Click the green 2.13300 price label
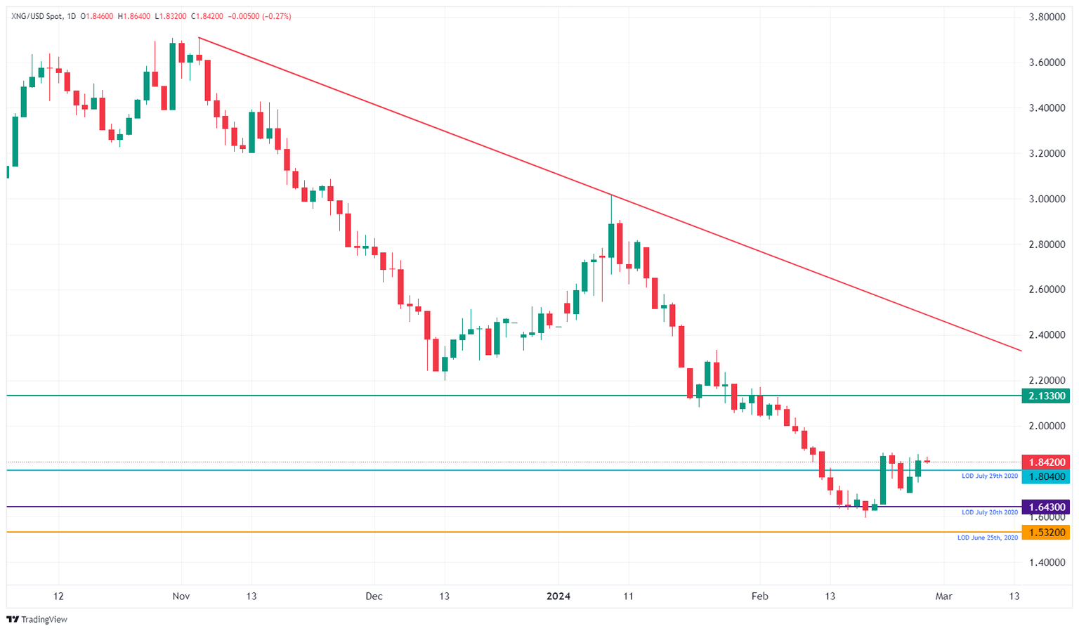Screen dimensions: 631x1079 (1046, 396)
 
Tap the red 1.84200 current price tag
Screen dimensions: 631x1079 (1046, 462)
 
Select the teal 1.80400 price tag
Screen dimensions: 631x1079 (1046, 477)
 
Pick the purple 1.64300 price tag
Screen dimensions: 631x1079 (1046, 507)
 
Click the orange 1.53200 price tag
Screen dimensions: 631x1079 (1046, 533)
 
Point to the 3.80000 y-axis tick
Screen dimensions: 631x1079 (1046, 17)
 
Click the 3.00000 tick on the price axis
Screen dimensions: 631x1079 (1046, 199)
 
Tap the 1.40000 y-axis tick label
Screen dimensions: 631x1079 (1046, 562)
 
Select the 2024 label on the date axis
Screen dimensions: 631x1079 (558, 597)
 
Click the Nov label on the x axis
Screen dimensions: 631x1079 (181, 597)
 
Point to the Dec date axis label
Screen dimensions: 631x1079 (374, 597)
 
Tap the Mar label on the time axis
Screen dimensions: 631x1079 (943, 597)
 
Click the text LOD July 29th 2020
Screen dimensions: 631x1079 (989, 476)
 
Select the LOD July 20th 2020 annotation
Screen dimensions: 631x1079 (989, 512)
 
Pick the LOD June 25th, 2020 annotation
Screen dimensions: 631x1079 (987, 538)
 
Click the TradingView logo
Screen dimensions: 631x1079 (37, 619)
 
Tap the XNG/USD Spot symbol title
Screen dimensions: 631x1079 (36, 16)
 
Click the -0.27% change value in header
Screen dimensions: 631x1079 (277, 16)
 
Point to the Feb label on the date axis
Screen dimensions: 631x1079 (759, 597)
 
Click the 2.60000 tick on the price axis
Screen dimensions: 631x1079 (1046, 290)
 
